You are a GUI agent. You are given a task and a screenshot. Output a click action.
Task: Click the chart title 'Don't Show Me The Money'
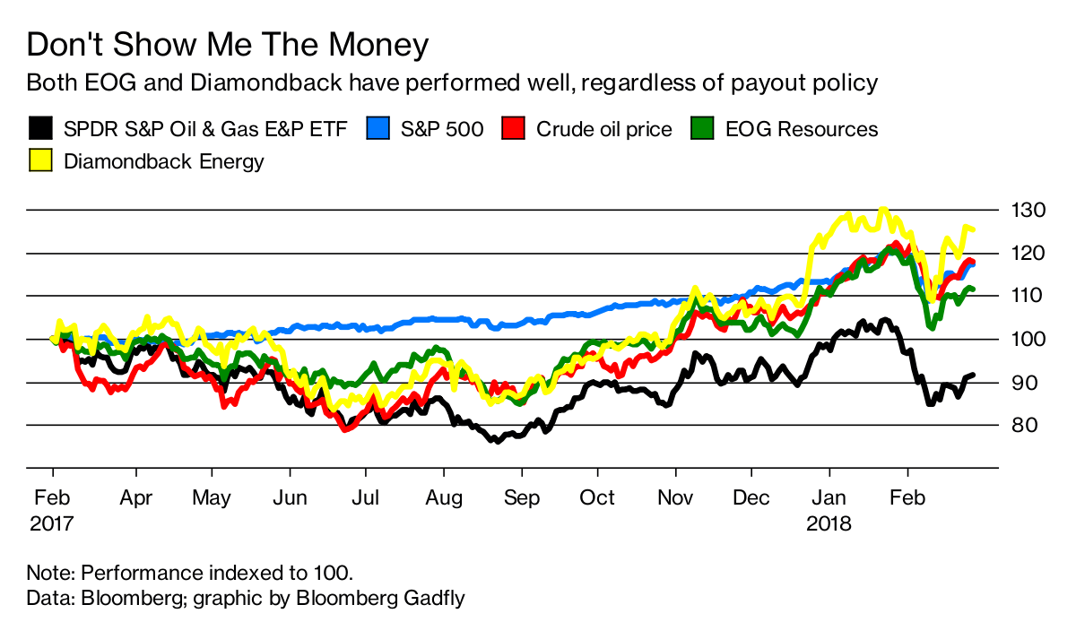pyautogui.click(x=228, y=45)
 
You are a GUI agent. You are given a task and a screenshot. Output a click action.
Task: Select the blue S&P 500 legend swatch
pyautogui.click(x=378, y=129)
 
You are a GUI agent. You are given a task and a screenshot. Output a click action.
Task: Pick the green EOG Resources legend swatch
pyautogui.click(x=701, y=129)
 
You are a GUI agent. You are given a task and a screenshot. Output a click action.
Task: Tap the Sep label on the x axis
pyautogui.click(x=522, y=497)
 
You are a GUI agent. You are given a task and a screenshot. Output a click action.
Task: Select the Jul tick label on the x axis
pyautogui.click(x=364, y=497)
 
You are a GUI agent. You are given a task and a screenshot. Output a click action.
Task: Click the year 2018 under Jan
pyautogui.click(x=829, y=522)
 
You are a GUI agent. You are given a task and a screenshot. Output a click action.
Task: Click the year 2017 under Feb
pyautogui.click(x=52, y=522)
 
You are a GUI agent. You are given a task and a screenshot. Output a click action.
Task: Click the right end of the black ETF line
pyautogui.click(x=974, y=375)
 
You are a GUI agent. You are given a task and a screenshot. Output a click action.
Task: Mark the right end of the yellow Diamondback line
pyautogui.click(x=974, y=230)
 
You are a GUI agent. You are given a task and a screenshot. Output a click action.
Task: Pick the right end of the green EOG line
pyautogui.click(x=974, y=289)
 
